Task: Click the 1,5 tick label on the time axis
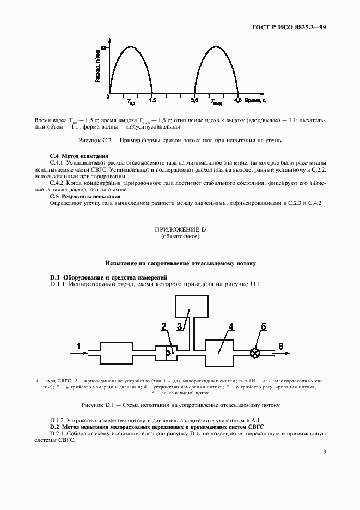152,101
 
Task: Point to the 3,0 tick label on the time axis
194,101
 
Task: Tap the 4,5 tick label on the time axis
237,101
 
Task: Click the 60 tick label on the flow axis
103,48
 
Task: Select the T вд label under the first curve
131,101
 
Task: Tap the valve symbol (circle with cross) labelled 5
254,353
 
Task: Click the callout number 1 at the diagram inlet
78,345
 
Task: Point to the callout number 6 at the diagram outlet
281,345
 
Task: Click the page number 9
324,451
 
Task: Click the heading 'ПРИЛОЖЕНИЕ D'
180,230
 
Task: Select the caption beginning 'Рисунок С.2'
180,141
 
